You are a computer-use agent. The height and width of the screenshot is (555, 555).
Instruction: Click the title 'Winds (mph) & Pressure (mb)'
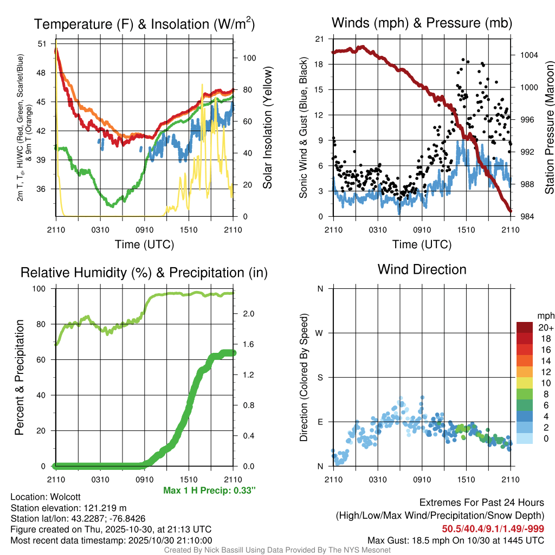(422, 23)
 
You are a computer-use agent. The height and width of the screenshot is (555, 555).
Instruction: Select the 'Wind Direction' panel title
(422, 269)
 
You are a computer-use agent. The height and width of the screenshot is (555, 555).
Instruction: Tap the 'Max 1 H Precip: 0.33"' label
(209, 491)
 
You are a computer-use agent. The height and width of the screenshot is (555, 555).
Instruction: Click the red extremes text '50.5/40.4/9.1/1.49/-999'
(493, 528)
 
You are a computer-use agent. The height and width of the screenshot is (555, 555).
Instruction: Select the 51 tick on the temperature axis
(42, 44)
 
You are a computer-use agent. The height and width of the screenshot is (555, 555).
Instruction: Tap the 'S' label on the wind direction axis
(320, 377)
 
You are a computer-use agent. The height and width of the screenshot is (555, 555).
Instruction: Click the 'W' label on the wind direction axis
(320, 333)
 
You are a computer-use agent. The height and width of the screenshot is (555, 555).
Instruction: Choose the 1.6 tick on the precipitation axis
(248, 344)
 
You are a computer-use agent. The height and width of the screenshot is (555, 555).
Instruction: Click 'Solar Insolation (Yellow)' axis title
(267, 128)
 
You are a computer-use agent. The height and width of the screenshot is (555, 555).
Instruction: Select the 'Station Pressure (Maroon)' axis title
(548, 128)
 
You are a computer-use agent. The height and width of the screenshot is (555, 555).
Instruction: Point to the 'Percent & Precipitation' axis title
(20, 377)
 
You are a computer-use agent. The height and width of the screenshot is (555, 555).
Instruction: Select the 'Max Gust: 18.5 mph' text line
(456, 540)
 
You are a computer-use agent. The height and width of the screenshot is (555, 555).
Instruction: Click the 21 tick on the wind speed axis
(319, 39)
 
